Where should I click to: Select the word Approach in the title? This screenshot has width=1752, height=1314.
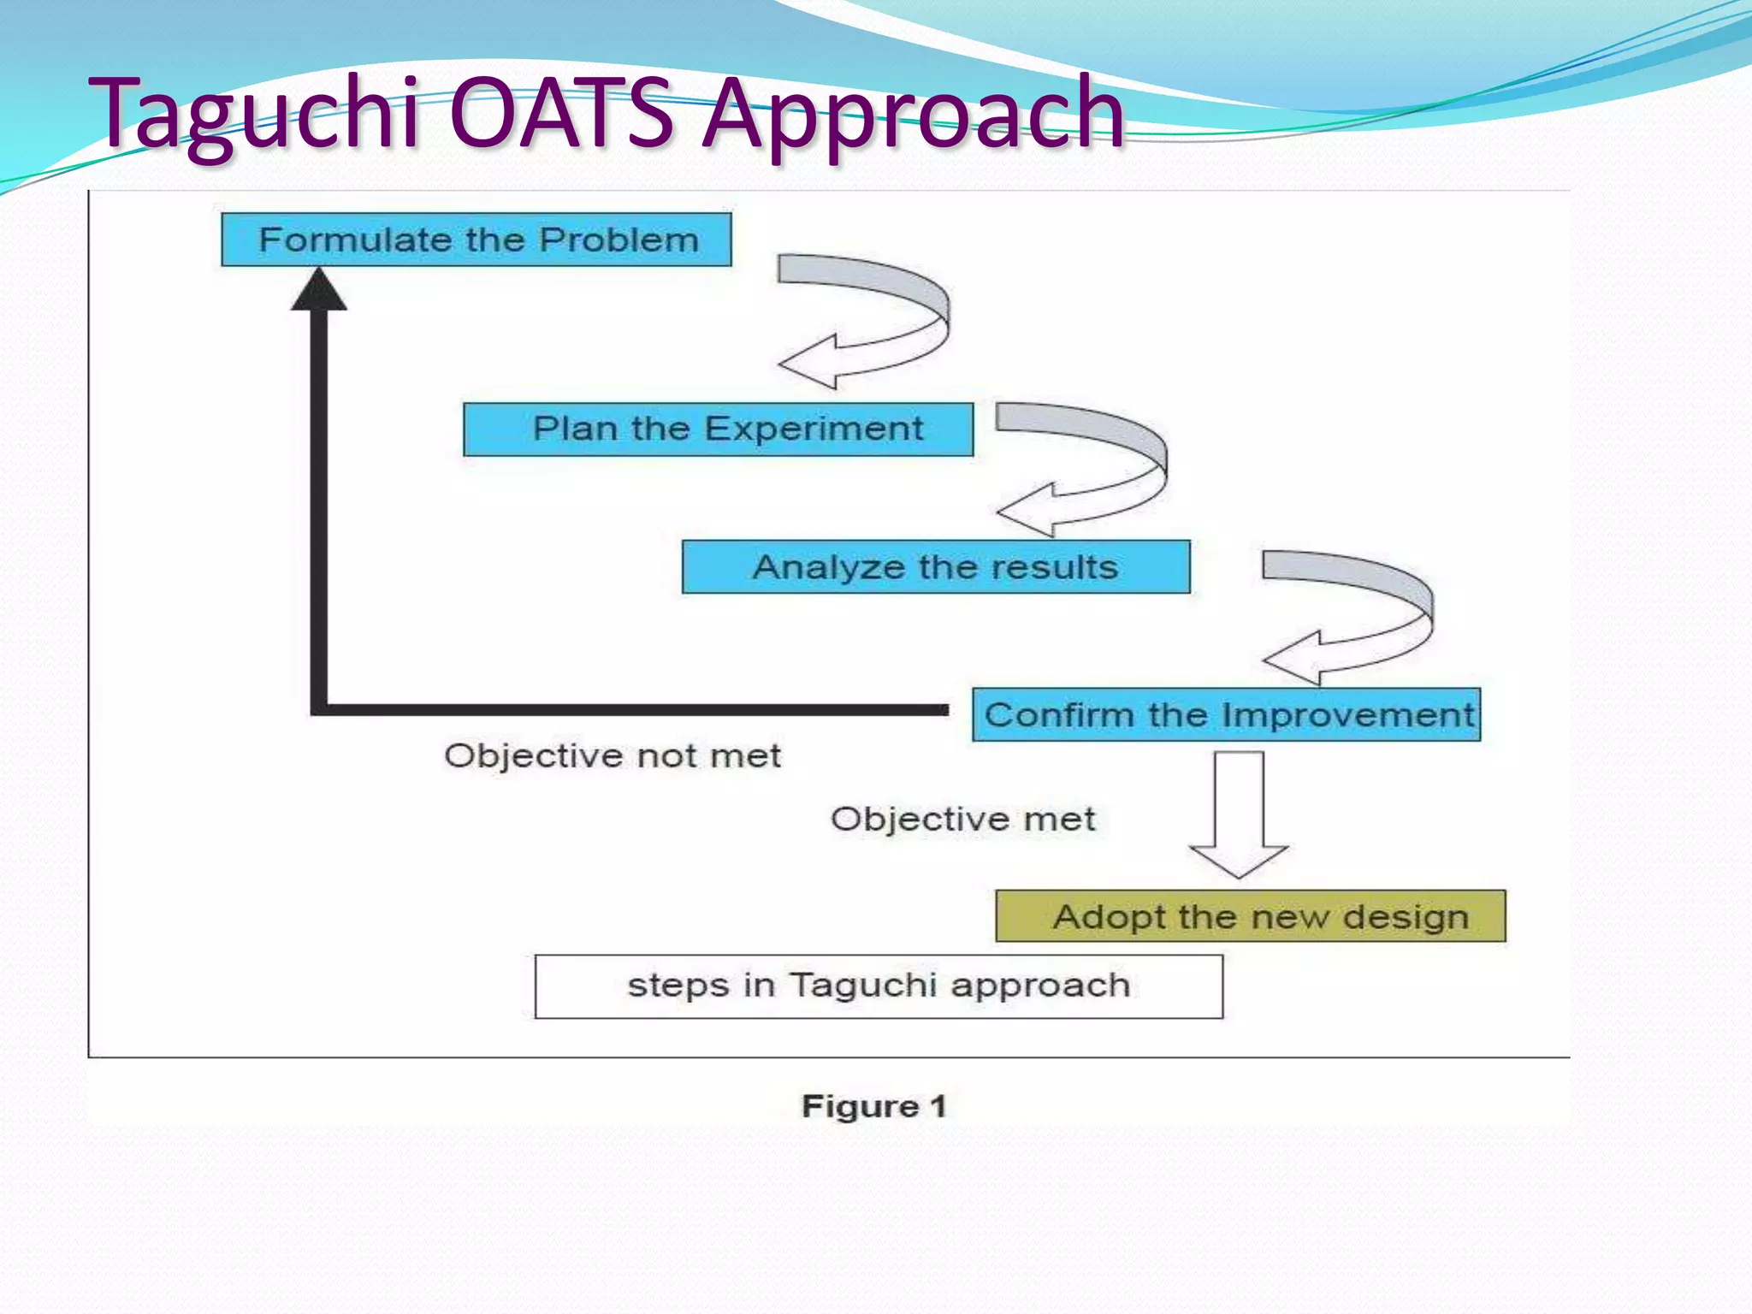click(912, 115)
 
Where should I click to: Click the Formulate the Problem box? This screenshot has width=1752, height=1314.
click(476, 240)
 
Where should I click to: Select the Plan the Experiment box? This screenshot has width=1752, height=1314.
click(718, 429)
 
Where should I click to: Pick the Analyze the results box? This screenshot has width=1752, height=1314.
click(935, 566)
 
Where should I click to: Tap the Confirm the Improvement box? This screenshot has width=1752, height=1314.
click(1226, 714)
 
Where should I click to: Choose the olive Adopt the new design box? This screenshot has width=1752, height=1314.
click(1250, 916)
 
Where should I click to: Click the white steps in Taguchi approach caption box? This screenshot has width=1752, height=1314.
click(879, 985)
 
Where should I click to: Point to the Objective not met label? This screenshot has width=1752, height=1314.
click(612, 756)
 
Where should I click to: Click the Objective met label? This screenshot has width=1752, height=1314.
click(962, 820)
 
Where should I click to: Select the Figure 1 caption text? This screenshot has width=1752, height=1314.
click(873, 1106)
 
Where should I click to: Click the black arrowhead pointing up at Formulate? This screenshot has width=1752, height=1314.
click(319, 291)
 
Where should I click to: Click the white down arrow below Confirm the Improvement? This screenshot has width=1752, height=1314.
click(1238, 813)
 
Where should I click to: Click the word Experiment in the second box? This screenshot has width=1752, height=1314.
click(814, 429)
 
